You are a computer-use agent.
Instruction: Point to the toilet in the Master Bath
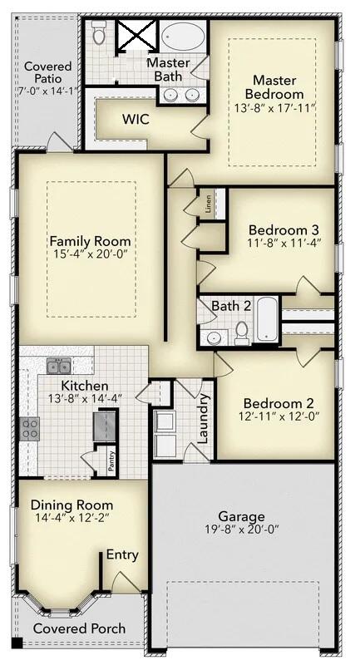click(x=99, y=33)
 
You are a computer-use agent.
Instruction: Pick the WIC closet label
click(x=136, y=119)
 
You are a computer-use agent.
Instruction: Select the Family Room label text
click(x=90, y=241)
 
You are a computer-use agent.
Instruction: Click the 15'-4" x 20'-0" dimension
click(x=90, y=254)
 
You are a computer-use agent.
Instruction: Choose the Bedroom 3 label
click(x=284, y=229)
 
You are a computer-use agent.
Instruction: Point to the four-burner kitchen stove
click(x=31, y=428)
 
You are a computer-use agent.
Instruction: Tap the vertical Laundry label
click(x=201, y=418)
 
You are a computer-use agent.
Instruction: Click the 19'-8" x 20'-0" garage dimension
click(x=241, y=530)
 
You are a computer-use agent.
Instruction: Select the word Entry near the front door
click(x=122, y=555)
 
